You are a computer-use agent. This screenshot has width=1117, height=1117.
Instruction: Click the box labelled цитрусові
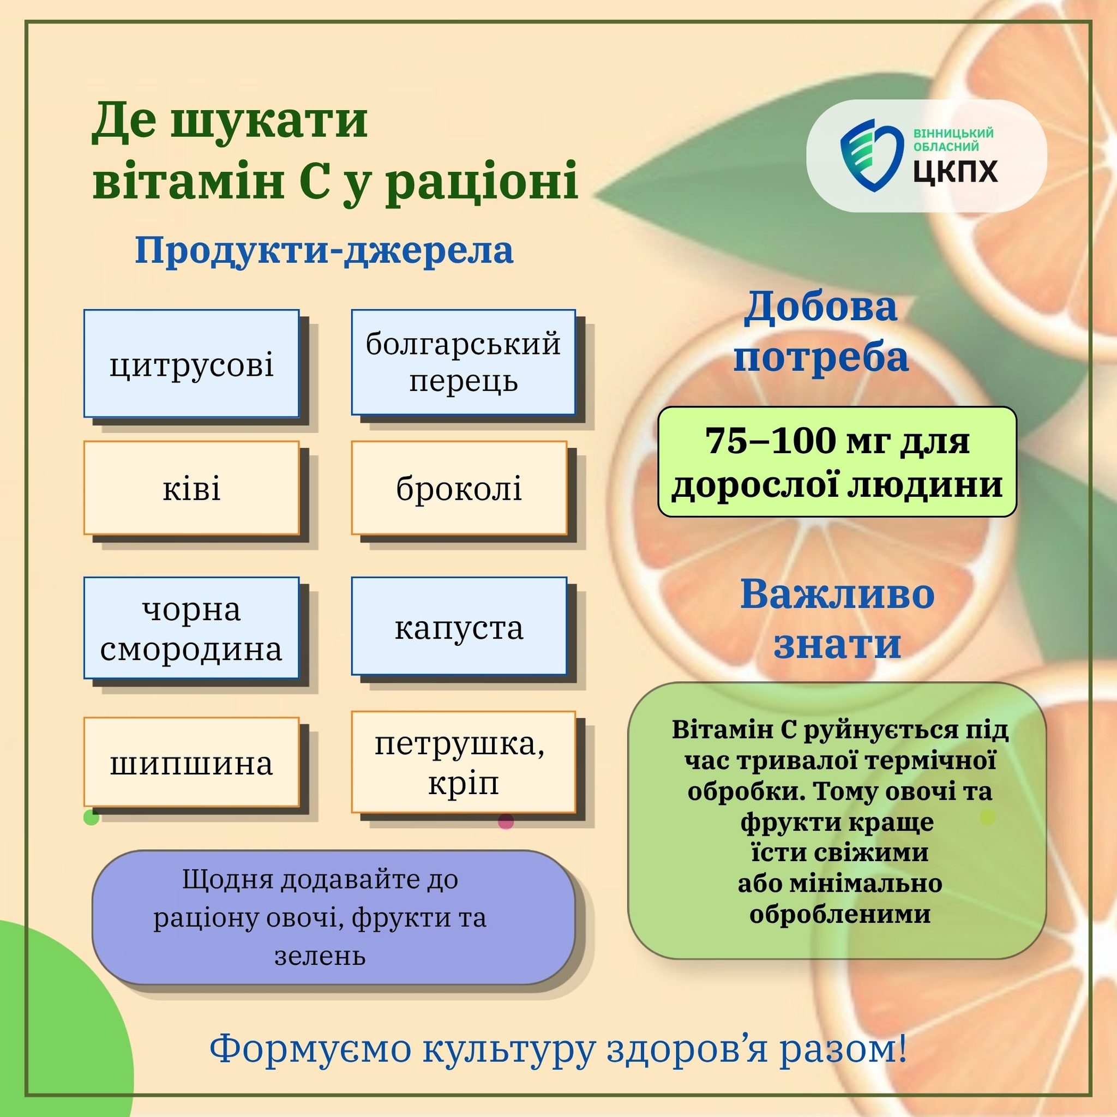pyautogui.click(x=191, y=363)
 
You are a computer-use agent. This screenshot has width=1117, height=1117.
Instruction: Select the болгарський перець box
pyautogui.click(x=463, y=362)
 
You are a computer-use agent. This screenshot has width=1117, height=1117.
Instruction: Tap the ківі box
pyautogui.click(x=191, y=488)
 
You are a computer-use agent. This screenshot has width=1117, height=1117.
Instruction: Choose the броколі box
pyautogui.click(x=459, y=488)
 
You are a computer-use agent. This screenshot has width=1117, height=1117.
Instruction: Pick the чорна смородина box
pyautogui.click(x=191, y=627)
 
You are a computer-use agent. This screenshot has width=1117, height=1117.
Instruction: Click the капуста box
pyautogui.click(x=459, y=626)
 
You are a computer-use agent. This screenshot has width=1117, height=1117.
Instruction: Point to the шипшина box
pyautogui.click(x=191, y=762)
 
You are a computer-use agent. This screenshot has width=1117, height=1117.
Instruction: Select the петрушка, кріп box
pyautogui.click(x=463, y=762)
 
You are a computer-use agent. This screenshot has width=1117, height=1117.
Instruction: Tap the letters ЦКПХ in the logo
pyautogui.click(x=956, y=172)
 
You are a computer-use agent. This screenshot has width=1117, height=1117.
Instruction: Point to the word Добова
pyautogui.click(x=820, y=307)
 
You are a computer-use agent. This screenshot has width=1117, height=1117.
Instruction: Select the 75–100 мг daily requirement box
pyautogui.click(x=837, y=461)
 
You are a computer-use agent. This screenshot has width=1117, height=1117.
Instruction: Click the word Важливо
pyautogui.click(x=837, y=594)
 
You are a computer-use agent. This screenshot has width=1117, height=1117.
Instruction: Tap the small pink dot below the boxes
pyautogui.click(x=506, y=821)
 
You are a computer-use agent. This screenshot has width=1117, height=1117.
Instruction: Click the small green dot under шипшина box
pyautogui.click(x=91, y=817)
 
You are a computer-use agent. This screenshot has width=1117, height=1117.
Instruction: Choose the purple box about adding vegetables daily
pyautogui.click(x=334, y=917)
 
